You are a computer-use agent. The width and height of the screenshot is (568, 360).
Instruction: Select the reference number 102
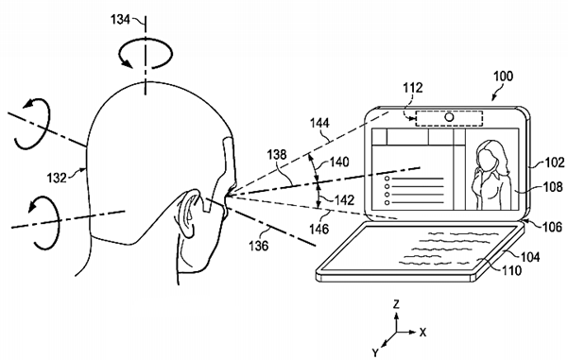(553, 161)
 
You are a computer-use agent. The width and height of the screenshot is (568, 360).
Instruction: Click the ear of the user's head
(193, 215)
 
